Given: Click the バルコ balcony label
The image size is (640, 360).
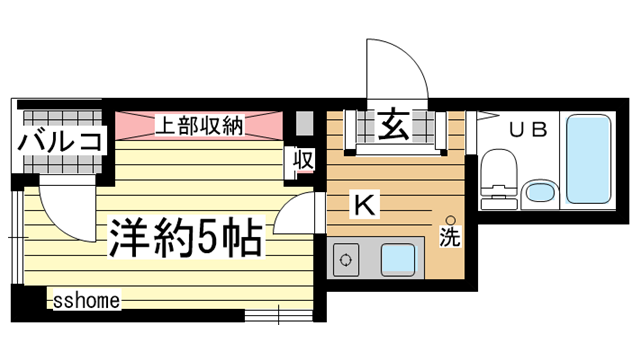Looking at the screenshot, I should (59, 141).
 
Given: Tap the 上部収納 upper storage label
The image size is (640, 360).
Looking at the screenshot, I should (199, 125).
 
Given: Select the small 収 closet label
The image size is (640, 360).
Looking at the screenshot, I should (304, 160).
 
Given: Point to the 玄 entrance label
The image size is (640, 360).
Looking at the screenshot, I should (391, 127).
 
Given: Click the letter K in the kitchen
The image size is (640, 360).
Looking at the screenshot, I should (364, 206).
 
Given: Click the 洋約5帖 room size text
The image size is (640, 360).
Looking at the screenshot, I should (185, 238).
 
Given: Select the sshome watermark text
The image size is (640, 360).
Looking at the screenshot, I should (86, 299).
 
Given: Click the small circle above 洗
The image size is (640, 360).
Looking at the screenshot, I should (450, 220).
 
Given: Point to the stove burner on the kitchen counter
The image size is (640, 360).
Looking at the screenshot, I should (346, 263).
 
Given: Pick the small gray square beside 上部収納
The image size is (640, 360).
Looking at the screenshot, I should (304, 125).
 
